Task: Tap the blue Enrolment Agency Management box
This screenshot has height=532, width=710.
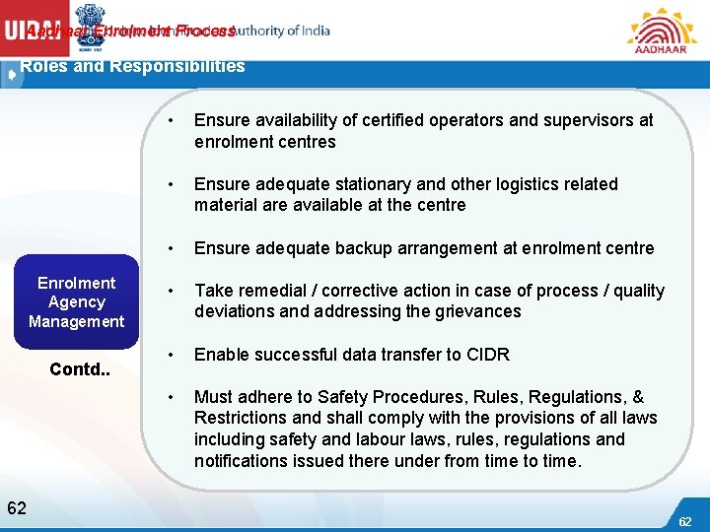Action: pyautogui.click(x=77, y=302)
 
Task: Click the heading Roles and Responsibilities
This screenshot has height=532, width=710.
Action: pyautogui.click(x=133, y=67)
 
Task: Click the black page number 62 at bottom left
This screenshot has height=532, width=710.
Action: pyautogui.click(x=17, y=508)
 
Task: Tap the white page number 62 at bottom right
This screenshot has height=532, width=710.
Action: pyautogui.click(x=684, y=520)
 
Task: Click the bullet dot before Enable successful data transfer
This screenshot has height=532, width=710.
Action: pyautogui.click(x=172, y=355)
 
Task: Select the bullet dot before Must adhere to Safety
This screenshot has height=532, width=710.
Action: pyautogui.click(x=172, y=397)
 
